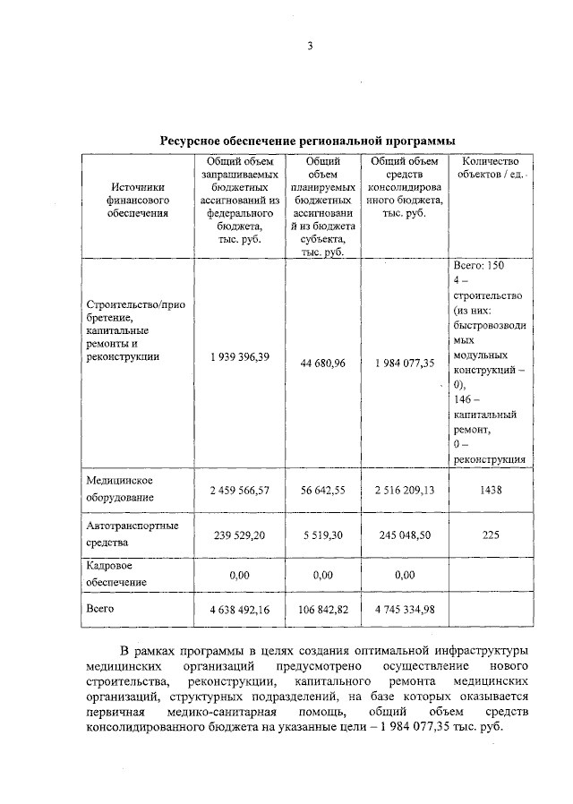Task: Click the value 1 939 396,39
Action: pos(240,356)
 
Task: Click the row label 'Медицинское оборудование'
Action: pos(119,488)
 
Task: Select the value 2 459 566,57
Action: pos(240,491)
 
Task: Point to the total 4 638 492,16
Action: pos(240,611)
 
